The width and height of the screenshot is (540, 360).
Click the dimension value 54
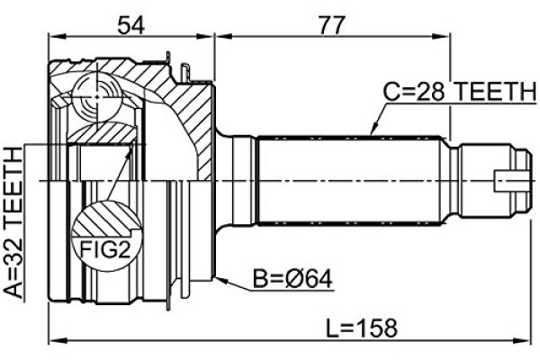[x=130, y=25]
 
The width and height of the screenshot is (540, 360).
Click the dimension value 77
[x=331, y=25]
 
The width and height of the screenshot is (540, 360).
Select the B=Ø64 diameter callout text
[x=292, y=279]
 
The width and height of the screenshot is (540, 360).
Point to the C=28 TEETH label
[x=460, y=91]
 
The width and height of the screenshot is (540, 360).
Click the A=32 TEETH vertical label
[x=13, y=222]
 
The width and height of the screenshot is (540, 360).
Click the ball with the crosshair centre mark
[x=97, y=97]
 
